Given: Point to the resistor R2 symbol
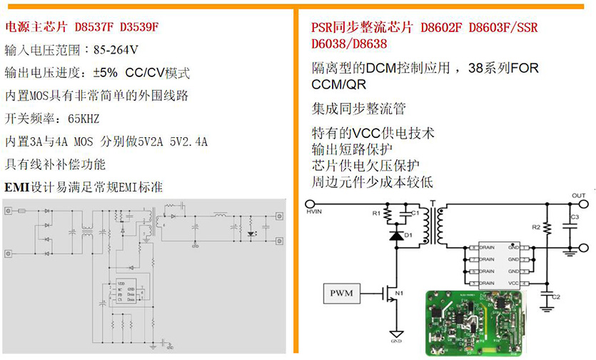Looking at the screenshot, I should (546, 228).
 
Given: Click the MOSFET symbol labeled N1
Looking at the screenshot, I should (388, 292).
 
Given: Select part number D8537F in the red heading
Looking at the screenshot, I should (93, 27).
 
